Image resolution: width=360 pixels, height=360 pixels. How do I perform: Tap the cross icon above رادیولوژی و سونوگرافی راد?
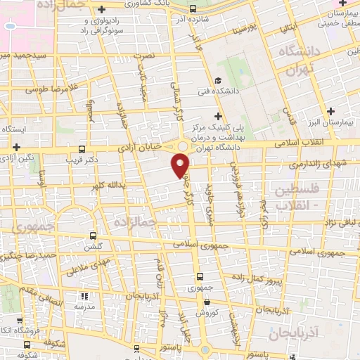click(x=103, y=10)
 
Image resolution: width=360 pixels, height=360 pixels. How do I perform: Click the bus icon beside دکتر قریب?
click(x=82, y=148)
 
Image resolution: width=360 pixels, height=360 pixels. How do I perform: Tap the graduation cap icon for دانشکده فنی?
click(x=219, y=80)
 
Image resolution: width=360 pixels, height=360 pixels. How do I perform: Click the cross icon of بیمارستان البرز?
click(x=331, y=110)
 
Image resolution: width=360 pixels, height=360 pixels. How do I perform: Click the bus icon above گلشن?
click(x=94, y=236)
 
